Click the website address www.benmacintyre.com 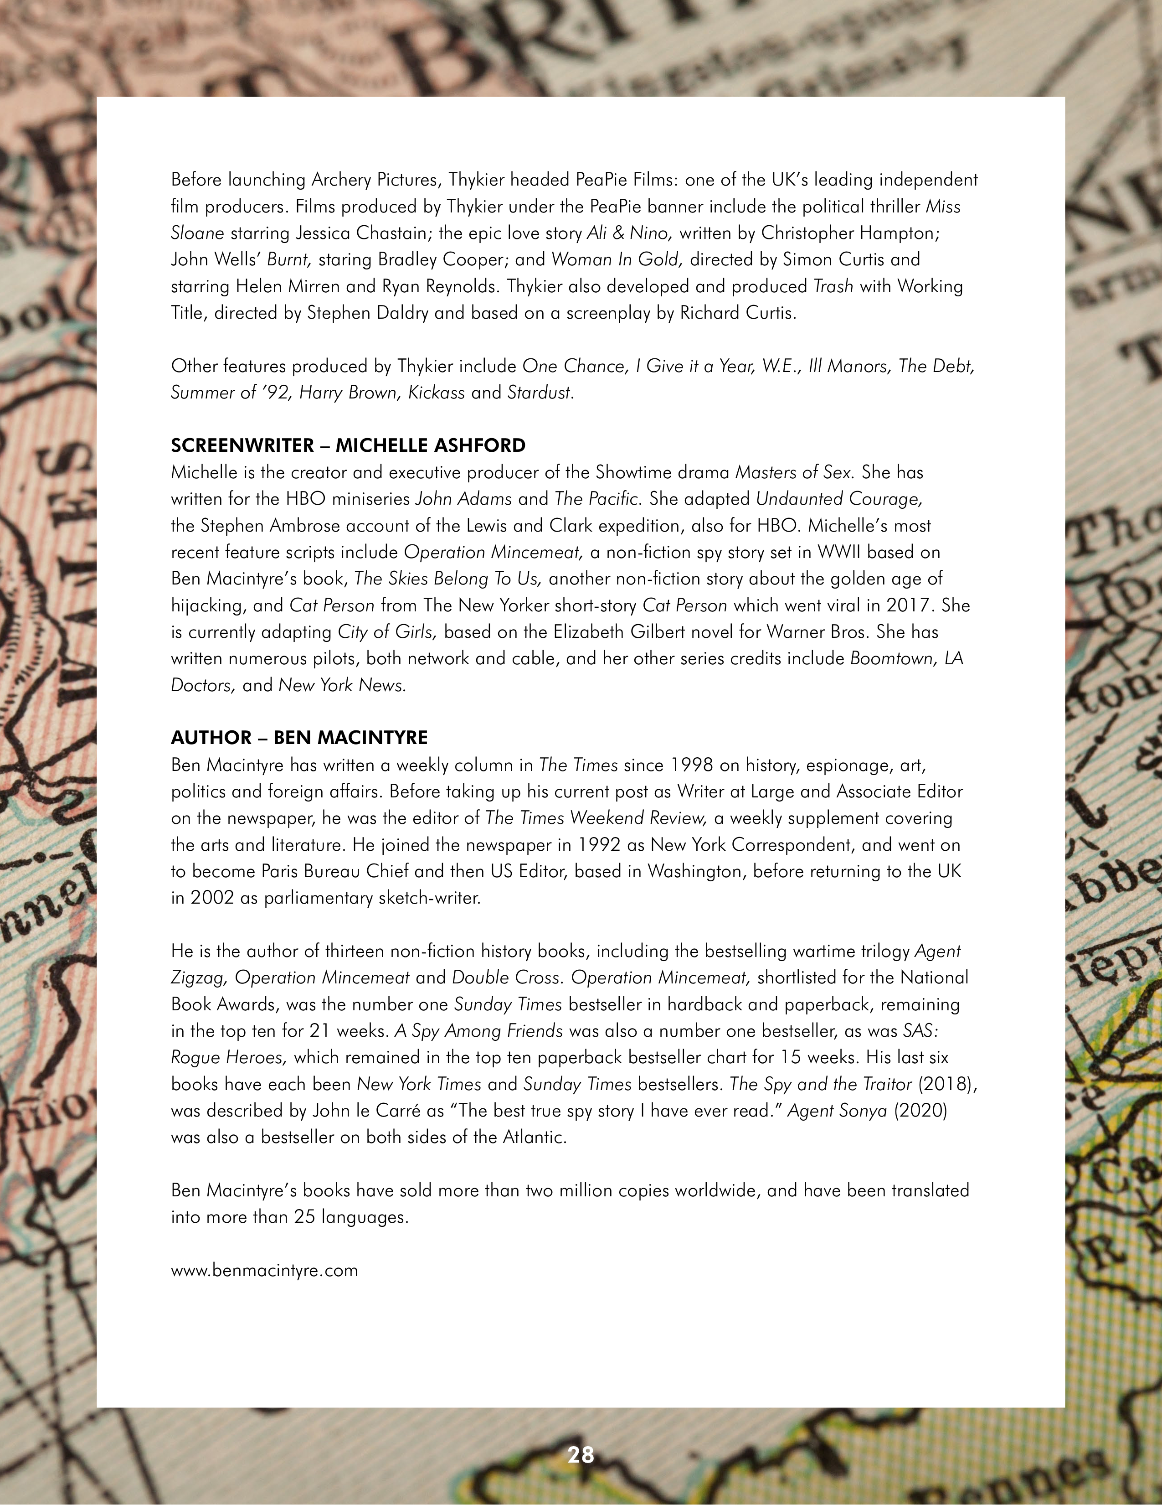point(264,1270)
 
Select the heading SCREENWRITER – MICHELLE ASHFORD point(348,445)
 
